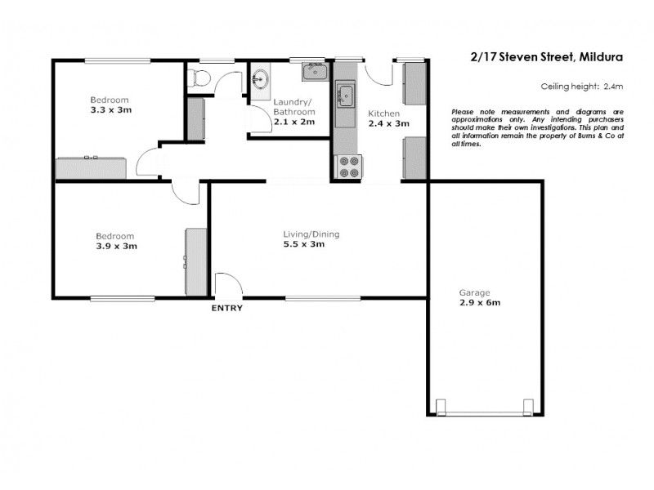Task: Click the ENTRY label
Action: tap(226, 309)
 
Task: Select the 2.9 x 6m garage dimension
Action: tap(480, 302)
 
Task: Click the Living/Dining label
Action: tap(311, 234)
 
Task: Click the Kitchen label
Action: tap(383, 113)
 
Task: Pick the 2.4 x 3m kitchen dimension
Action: tap(387, 123)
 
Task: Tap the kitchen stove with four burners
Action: tap(348, 167)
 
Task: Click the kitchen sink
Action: tap(346, 95)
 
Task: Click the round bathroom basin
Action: tap(261, 80)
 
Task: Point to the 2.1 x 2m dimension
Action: tap(293, 122)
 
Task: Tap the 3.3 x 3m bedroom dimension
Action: tap(110, 109)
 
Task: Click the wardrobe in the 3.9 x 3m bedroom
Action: tap(196, 261)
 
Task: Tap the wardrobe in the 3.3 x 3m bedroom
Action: tap(91, 167)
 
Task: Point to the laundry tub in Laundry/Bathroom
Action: tap(315, 72)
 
